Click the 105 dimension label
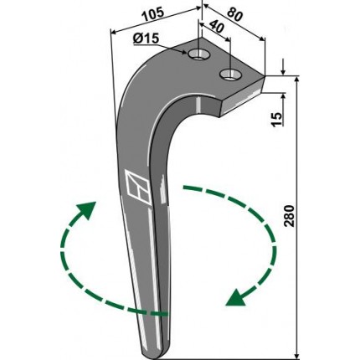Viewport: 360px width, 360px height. pos(152,15)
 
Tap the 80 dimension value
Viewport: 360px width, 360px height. pos(234,15)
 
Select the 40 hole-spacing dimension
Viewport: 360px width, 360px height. pos(217,27)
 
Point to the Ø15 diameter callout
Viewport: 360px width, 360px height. pos(146,39)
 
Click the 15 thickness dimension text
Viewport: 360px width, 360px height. pos(277,120)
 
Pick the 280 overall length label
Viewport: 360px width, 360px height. pos(289,216)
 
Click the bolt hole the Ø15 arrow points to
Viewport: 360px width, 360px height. pos(198,54)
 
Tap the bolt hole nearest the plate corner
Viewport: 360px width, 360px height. pos(230,75)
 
